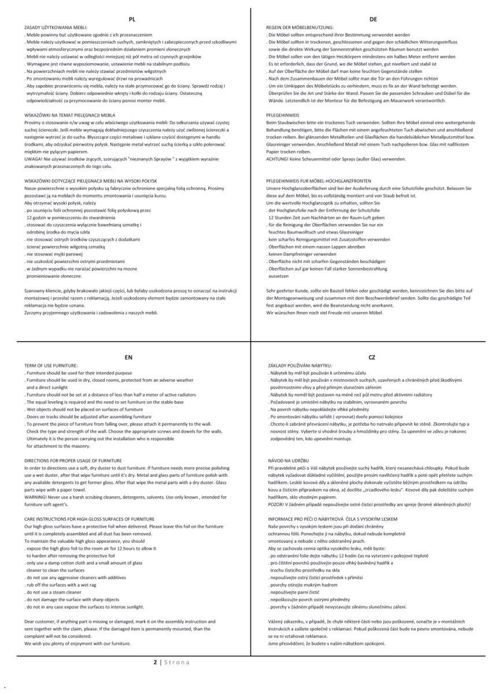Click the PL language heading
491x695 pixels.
[x=132, y=19]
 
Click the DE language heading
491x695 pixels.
[x=373, y=19]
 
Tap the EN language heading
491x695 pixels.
[x=128, y=357]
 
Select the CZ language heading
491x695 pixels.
[x=372, y=357]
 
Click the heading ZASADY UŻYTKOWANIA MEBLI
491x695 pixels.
[x=55, y=27]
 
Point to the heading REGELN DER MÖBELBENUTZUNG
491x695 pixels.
[x=300, y=27]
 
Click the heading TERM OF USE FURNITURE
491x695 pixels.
[x=51, y=365]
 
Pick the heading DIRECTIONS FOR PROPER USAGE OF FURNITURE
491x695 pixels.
[x=65, y=460]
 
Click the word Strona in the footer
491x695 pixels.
[x=176, y=662]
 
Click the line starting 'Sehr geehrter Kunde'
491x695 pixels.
[x=370, y=290]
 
